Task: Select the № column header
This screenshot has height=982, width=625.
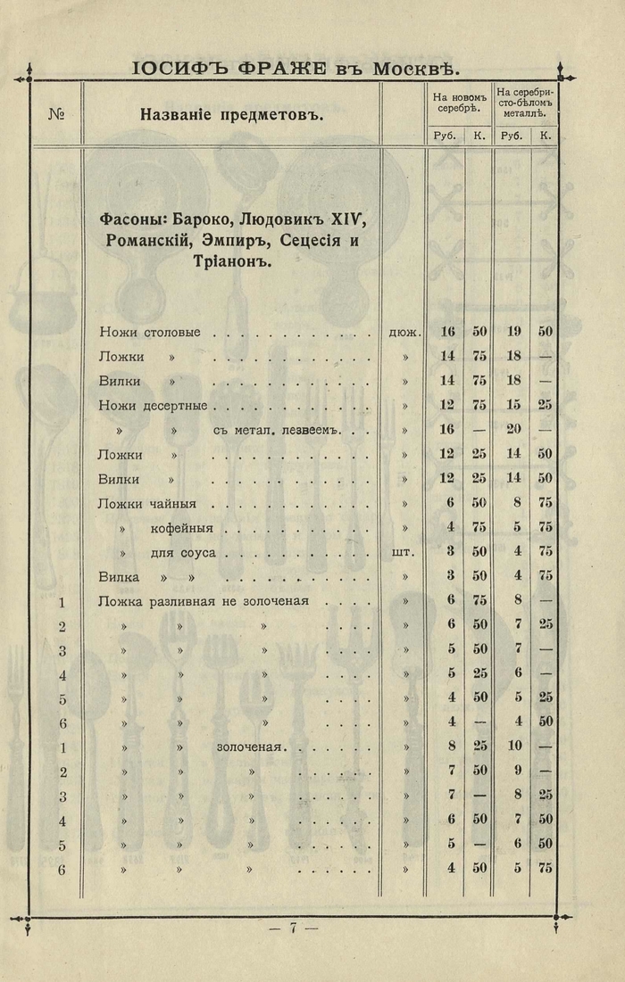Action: (x=55, y=114)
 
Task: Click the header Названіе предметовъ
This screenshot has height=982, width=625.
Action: (x=231, y=114)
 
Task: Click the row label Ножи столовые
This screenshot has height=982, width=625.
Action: (x=149, y=332)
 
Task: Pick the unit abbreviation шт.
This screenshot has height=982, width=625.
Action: (x=404, y=552)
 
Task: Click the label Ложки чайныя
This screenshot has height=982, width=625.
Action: (x=146, y=503)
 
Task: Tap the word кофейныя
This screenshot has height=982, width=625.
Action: (x=184, y=528)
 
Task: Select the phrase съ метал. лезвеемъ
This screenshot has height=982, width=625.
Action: (x=278, y=431)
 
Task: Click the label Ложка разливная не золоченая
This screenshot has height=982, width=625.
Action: (x=203, y=600)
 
